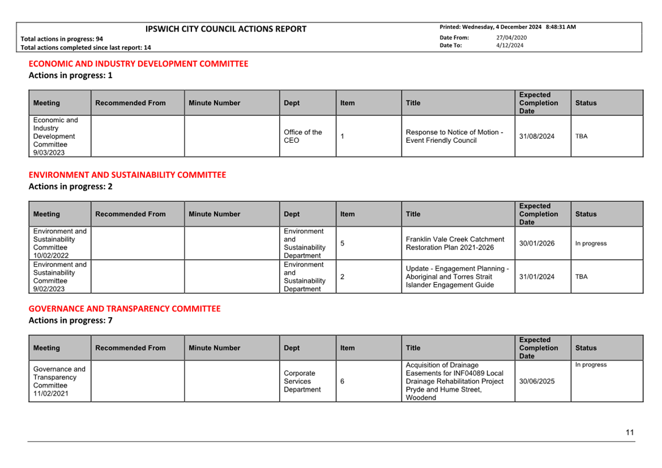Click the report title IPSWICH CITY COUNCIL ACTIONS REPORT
click(x=226, y=29)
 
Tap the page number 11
click(x=630, y=432)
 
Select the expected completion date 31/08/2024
click(x=536, y=136)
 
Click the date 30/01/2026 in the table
click(x=536, y=243)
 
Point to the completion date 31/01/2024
click(x=536, y=276)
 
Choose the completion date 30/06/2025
click(x=536, y=381)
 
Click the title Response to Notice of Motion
click(x=454, y=136)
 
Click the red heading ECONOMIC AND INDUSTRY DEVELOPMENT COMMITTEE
click(x=138, y=64)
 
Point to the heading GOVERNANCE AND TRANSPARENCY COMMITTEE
click(x=124, y=309)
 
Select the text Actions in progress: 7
click(x=70, y=321)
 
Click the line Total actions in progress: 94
click(x=62, y=39)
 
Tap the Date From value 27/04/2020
click(x=511, y=38)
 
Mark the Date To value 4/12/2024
click(x=510, y=45)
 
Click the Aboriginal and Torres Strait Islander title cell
click(x=457, y=276)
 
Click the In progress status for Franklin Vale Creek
click(x=590, y=243)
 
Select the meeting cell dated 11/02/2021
click(x=59, y=381)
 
